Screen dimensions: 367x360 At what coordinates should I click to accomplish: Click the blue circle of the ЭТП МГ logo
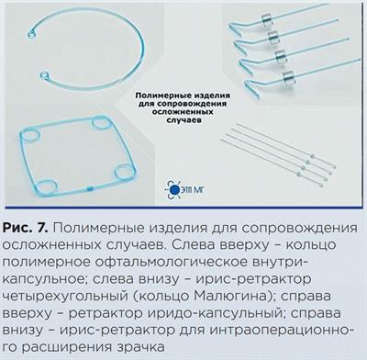(x=174, y=190)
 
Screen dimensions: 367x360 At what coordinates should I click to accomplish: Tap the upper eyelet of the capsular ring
(x=31, y=32)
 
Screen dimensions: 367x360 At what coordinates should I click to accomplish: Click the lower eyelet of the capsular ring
(x=43, y=74)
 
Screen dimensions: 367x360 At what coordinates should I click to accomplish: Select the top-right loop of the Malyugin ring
(x=100, y=123)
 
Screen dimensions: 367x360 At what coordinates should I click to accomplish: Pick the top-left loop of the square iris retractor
(x=31, y=135)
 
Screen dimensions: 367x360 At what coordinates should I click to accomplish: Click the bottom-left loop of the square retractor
(x=49, y=186)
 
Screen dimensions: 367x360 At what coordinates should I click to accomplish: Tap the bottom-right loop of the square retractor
(x=125, y=171)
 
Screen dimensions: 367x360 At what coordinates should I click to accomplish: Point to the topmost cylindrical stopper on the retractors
(x=267, y=19)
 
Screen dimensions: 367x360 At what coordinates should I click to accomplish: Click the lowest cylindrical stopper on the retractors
(x=288, y=76)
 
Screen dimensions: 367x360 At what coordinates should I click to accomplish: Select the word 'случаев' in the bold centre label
(x=183, y=119)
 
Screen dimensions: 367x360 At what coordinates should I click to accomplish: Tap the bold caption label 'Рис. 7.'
(x=26, y=228)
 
